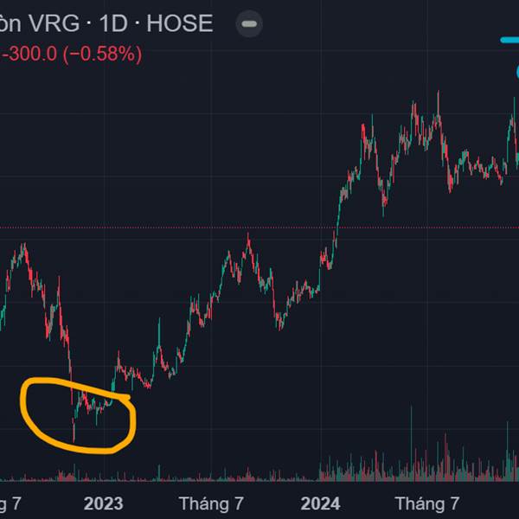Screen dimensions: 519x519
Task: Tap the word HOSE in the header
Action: pyautogui.click(x=179, y=23)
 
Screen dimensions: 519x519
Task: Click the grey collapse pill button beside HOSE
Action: pyautogui.click(x=249, y=24)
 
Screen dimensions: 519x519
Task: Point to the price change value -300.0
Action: pyautogui.click(x=30, y=54)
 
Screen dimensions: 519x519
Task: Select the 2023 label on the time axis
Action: pyautogui.click(x=103, y=503)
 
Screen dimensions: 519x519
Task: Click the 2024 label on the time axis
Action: pyautogui.click(x=320, y=503)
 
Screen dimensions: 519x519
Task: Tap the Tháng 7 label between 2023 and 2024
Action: pyautogui.click(x=211, y=503)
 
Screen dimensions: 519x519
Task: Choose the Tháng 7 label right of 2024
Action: pyautogui.click(x=426, y=503)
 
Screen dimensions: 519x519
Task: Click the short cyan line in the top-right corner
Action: pyautogui.click(x=509, y=40)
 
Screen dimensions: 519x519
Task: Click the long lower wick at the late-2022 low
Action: pyautogui.click(x=74, y=432)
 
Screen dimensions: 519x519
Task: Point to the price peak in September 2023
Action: pyautogui.click(x=248, y=235)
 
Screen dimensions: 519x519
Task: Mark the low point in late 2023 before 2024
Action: pyautogui.click(x=279, y=327)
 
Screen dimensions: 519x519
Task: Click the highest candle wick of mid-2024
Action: pyautogui.click(x=439, y=93)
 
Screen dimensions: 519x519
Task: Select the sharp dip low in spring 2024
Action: pyautogui.click(x=384, y=213)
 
